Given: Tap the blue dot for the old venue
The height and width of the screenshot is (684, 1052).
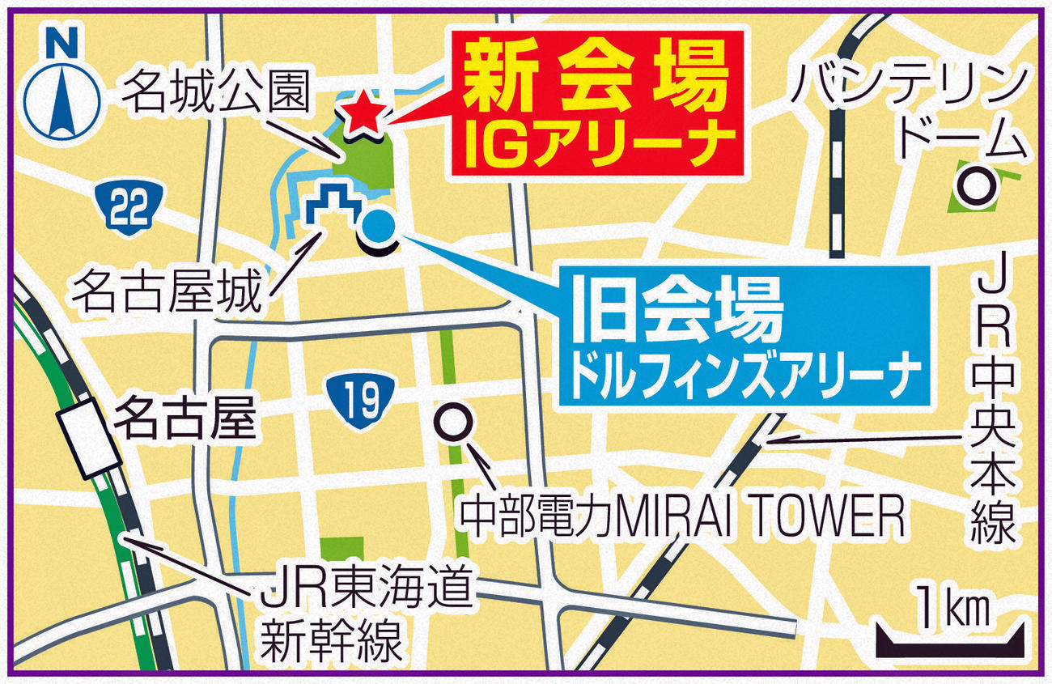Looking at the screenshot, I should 378,227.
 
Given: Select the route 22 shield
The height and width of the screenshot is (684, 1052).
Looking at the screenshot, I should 129,208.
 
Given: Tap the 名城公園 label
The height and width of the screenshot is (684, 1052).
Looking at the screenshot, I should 217,96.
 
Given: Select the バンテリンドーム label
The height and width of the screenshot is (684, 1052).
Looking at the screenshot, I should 906,111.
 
